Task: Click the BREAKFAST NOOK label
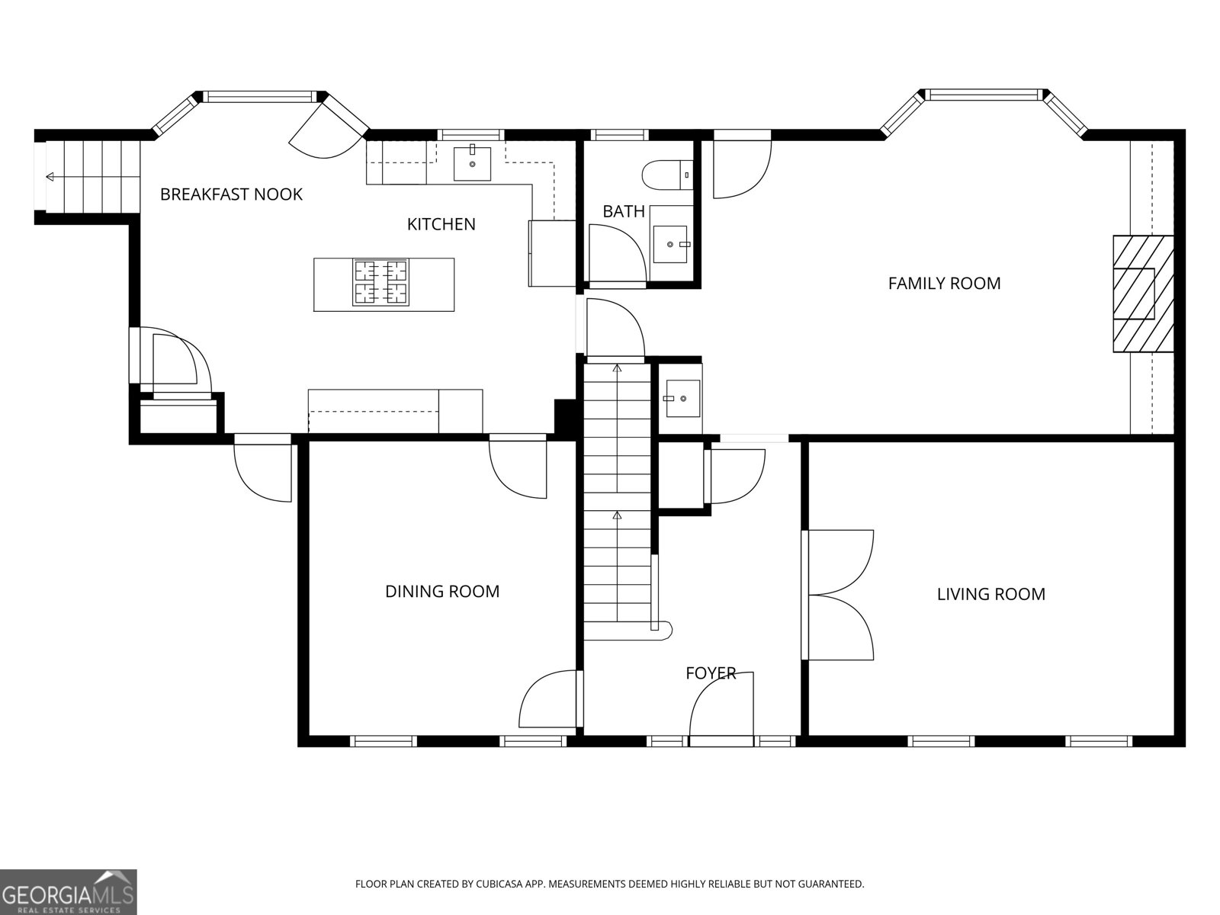tap(231, 194)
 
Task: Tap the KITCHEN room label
tap(441, 224)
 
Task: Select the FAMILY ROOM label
tap(944, 284)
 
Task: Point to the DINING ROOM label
tap(442, 592)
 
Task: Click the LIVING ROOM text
tap(990, 594)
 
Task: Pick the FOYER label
tap(710, 673)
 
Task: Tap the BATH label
tap(624, 211)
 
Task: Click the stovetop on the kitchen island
tap(380, 282)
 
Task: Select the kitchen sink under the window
tap(472, 163)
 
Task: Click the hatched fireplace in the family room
tap(1142, 294)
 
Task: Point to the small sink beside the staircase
tap(682, 398)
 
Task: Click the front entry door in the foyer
tap(721, 705)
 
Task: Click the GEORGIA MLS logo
tap(68, 891)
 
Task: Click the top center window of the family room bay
tap(984, 95)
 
